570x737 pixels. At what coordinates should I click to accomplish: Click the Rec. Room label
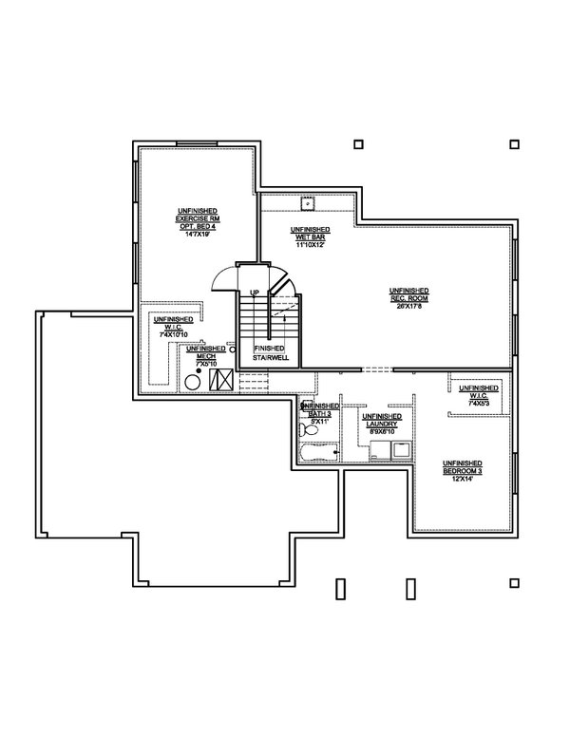(408, 293)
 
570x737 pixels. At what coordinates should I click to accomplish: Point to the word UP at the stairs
(255, 292)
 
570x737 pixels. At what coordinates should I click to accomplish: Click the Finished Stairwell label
(270, 352)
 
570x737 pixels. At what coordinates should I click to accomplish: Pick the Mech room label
(206, 353)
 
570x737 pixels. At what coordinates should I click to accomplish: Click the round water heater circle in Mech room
(191, 381)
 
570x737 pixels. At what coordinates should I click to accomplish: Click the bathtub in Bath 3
(319, 452)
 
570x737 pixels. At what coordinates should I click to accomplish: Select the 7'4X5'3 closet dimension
(478, 403)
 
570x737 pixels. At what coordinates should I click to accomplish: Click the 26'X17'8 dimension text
(408, 304)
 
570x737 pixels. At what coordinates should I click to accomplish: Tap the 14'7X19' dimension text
(198, 234)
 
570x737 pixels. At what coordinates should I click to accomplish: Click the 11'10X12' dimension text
(310, 244)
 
